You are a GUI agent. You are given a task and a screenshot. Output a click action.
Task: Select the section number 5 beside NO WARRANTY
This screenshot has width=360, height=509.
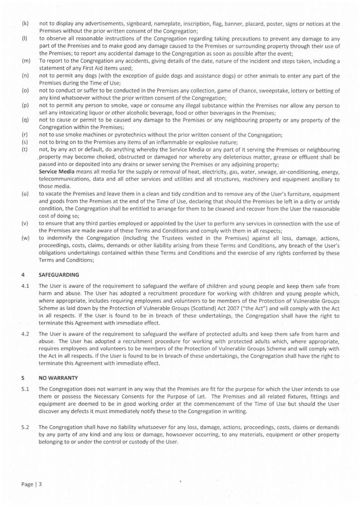coord(23,377)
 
